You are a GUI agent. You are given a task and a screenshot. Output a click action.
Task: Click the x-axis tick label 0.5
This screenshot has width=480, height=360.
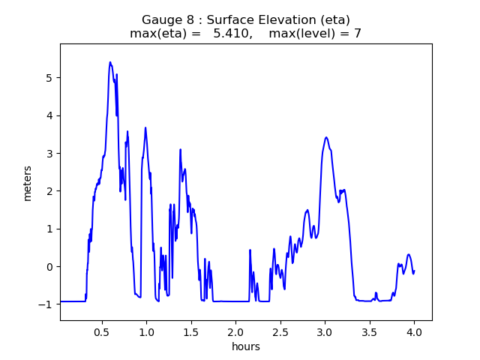101,331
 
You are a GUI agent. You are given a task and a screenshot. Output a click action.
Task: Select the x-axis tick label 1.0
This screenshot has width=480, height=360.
145,331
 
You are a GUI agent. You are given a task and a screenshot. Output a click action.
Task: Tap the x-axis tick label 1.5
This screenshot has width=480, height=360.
190,331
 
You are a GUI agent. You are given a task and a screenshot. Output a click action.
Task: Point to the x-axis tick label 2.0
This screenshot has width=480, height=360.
235,331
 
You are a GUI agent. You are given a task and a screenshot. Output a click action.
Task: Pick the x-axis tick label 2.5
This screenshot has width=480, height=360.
280,331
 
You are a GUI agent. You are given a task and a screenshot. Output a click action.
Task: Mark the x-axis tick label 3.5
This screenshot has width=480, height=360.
369,331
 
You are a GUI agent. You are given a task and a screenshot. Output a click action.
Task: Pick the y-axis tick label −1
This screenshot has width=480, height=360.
47,304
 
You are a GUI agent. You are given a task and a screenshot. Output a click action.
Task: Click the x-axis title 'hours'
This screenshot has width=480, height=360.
246,346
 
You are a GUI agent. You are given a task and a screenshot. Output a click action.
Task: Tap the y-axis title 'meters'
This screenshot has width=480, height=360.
28,182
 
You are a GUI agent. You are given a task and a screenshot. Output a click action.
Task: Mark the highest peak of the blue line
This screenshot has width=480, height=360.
110,62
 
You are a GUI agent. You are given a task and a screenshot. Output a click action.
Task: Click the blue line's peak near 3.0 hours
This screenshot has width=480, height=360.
325,137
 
